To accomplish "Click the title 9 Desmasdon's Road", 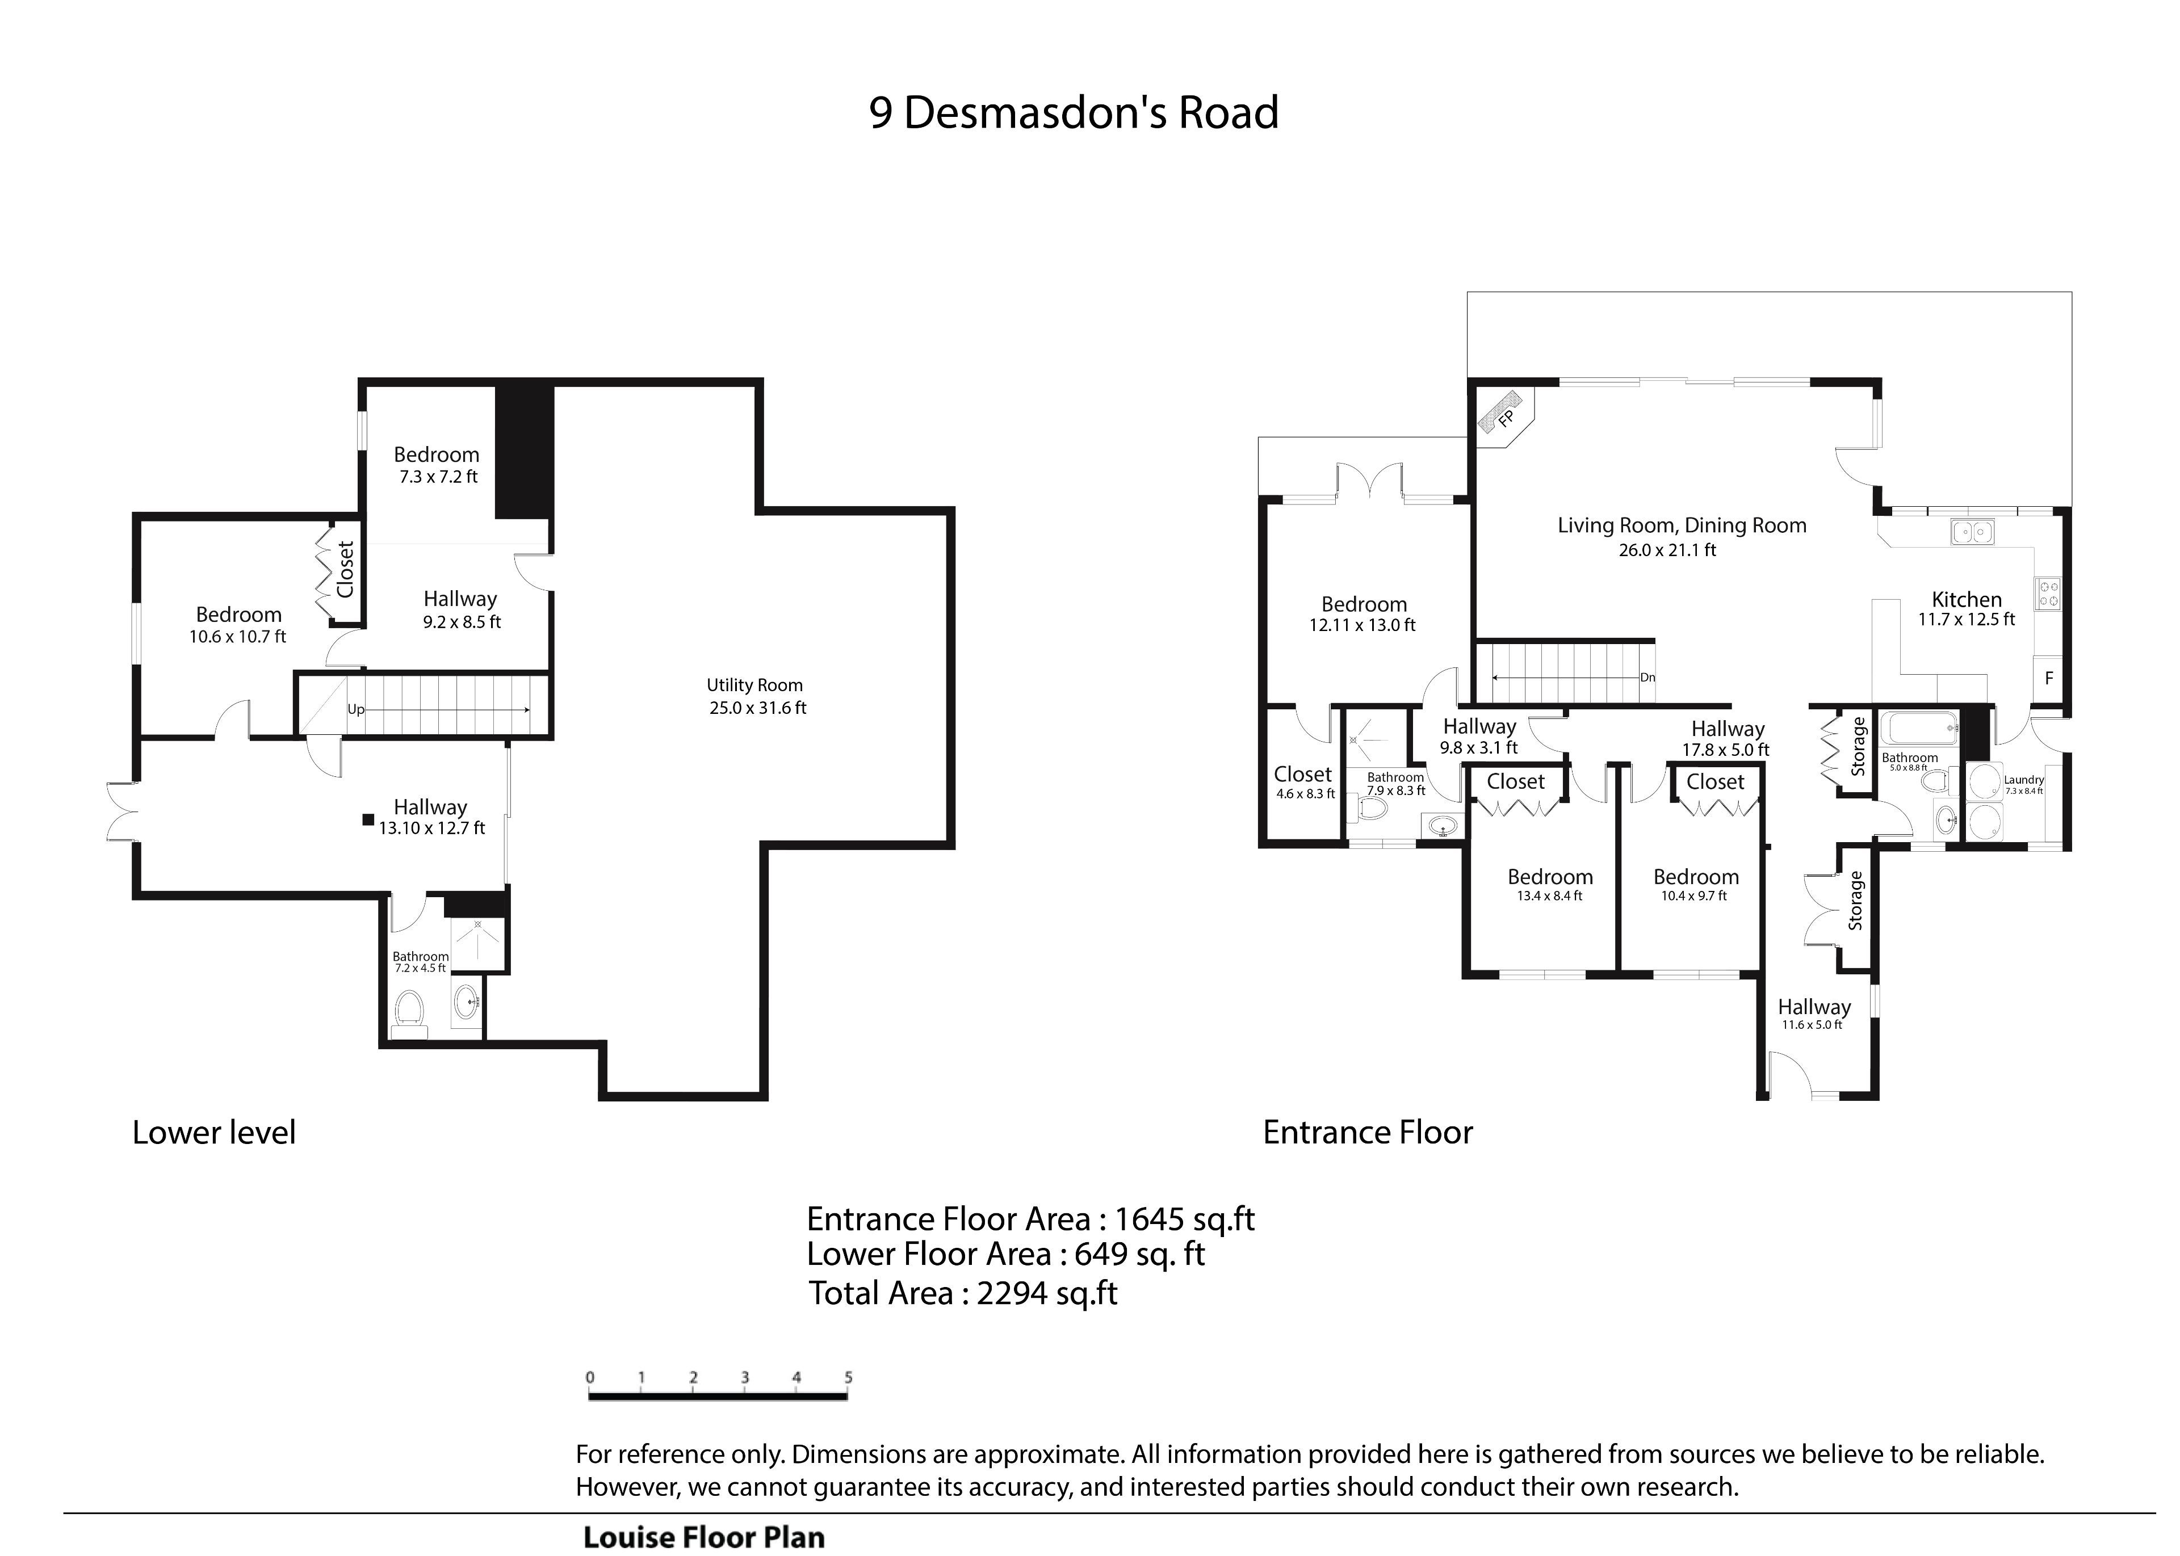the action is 1073,113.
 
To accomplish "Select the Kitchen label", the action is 1967,600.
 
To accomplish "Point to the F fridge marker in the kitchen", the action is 2049,678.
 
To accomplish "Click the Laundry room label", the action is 2024,780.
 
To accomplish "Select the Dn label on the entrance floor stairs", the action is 1647,678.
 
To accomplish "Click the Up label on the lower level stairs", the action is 355,710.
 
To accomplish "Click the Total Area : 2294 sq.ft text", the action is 963,1293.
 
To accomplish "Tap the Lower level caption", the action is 213,1133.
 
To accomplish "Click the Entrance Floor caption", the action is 1368,1133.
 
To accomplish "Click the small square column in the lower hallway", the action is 368,819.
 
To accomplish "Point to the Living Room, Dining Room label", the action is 1682,525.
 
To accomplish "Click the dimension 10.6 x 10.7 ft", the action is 238,636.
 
